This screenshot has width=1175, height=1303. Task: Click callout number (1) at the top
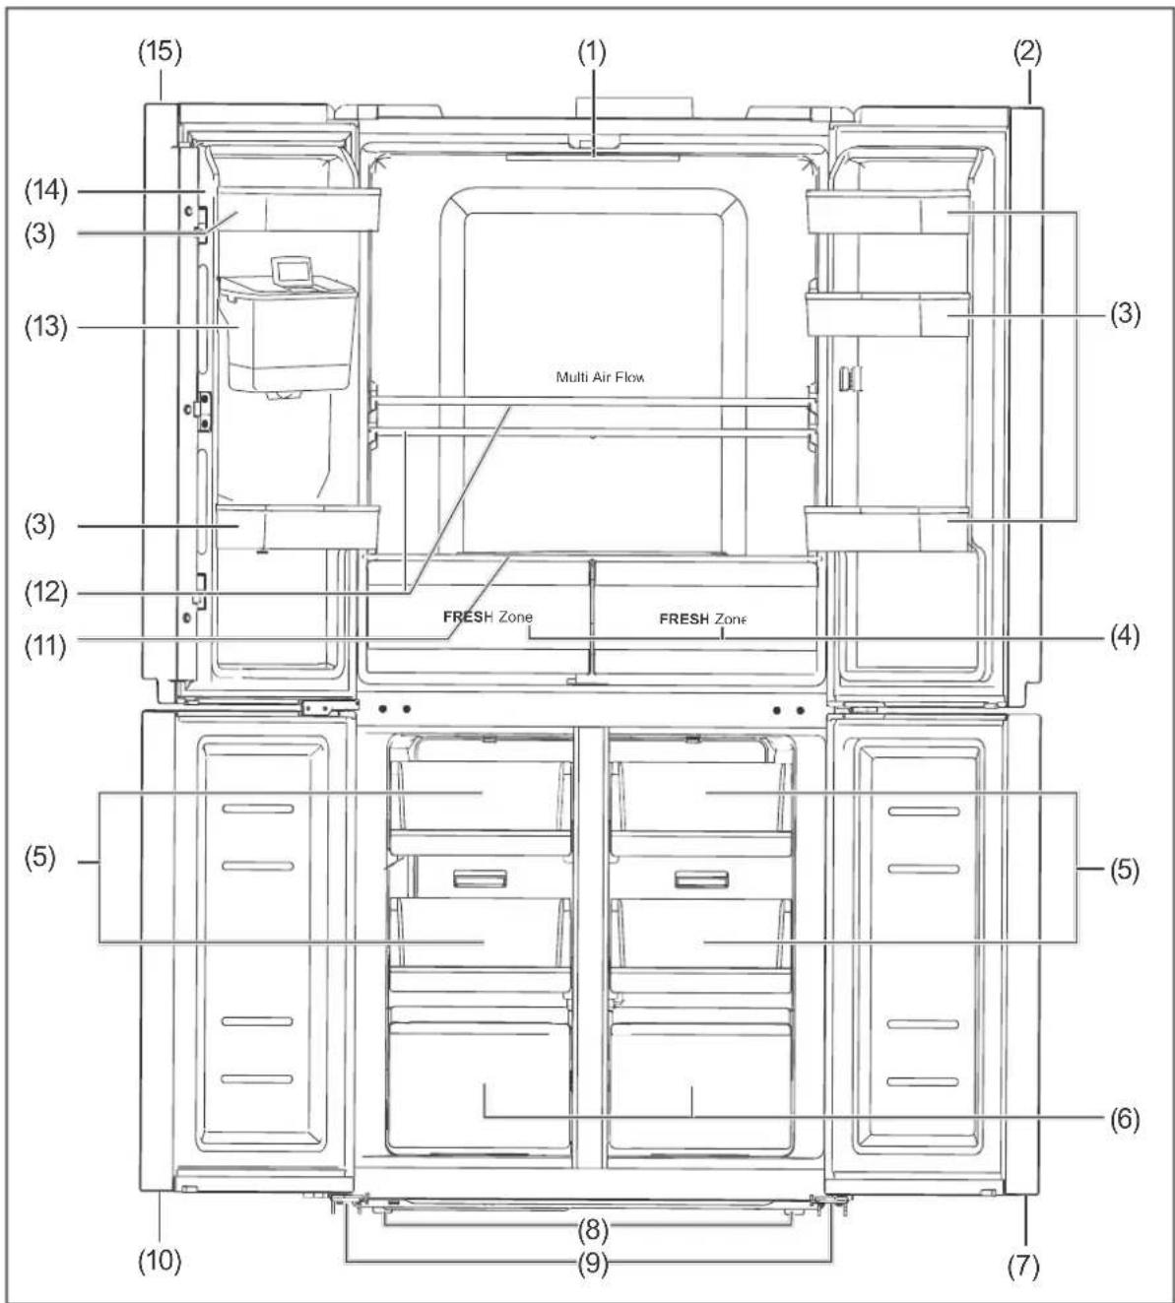coord(592,53)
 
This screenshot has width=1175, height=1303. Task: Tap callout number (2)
coord(1027,53)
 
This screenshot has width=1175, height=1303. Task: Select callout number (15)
coord(160,52)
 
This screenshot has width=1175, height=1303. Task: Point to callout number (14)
coord(46,191)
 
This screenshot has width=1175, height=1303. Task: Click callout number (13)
coord(46,326)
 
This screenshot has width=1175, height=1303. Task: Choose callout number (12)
coord(46,592)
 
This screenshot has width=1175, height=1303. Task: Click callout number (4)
coord(1125,636)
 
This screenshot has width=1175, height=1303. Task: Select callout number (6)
coord(1125,1119)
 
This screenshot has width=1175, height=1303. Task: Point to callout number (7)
coord(1023,1266)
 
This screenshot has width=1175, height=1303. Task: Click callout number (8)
coord(593,1229)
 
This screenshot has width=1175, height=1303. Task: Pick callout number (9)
coord(593,1264)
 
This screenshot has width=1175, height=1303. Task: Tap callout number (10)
coord(160,1260)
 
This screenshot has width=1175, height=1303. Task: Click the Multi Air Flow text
coord(601,377)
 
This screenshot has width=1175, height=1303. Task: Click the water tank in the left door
coord(289,335)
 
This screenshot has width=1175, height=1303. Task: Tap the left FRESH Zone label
coord(488,617)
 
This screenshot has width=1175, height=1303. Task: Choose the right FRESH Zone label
coord(702,619)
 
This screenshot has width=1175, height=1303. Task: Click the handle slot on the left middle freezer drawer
coord(481,880)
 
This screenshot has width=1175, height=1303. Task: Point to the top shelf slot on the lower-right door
coord(924,811)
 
